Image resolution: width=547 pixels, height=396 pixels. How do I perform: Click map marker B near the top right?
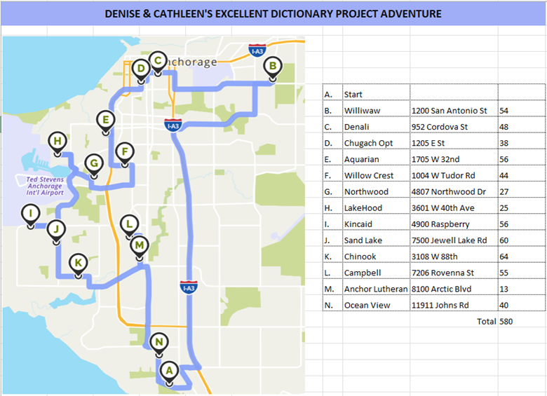pyautogui.click(x=271, y=68)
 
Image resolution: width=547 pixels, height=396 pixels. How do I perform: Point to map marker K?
pyautogui.click(x=78, y=264)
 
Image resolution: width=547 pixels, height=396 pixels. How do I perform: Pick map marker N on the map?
pyautogui.click(x=160, y=343)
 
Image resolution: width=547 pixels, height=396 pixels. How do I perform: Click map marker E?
pyautogui.click(x=106, y=121)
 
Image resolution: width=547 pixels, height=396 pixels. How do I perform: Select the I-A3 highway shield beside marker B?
pyautogui.click(x=257, y=50)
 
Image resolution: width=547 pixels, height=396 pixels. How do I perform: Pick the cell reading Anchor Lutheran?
pyautogui.click(x=376, y=289)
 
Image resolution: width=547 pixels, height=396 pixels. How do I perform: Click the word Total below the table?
pyautogui.click(x=485, y=321)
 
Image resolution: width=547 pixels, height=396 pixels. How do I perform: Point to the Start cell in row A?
pyautogui.click(x=353, y=94)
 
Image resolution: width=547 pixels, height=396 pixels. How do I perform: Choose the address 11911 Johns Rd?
pyautogui.click(x=442, y=305)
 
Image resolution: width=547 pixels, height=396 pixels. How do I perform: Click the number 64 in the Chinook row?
pyautogui.click(x=504, y=257)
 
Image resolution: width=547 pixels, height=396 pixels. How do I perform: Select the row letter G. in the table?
pyautogui.click(x=328, y=191)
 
